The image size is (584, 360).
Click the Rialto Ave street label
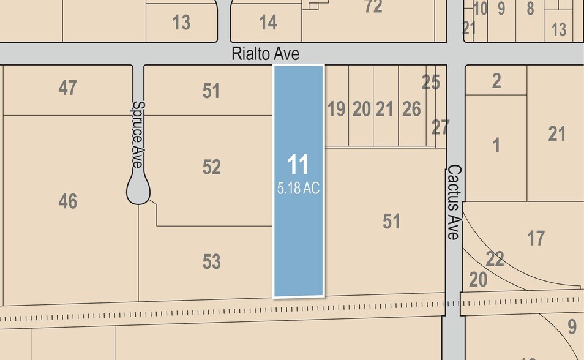coord(265,54)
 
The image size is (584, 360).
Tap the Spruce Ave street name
coord(137,135)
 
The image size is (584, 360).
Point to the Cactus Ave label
coord(454,201)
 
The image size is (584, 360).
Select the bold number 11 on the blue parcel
coord(298,165)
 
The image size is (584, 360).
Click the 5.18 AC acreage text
coord(298,189)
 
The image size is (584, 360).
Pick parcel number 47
coord(67,88)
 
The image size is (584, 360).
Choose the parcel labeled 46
coord(67,201)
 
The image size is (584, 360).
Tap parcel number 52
coord(211,167)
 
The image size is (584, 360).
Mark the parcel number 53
coord(211,262)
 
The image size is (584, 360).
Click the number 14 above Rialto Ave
coord(268,23)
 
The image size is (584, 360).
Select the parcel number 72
coord(373,7)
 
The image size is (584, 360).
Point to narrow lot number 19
coord(336,110)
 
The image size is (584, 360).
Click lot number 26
coord(411,110)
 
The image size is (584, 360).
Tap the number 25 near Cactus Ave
coord(430,83)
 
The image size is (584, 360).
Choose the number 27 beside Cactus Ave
coord(440,127)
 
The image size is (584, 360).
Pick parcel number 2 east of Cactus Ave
coord(496,81)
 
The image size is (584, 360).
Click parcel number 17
coord(536,238)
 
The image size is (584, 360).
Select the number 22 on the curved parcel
coord(495,259)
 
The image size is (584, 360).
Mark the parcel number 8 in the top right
coord(530,9)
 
